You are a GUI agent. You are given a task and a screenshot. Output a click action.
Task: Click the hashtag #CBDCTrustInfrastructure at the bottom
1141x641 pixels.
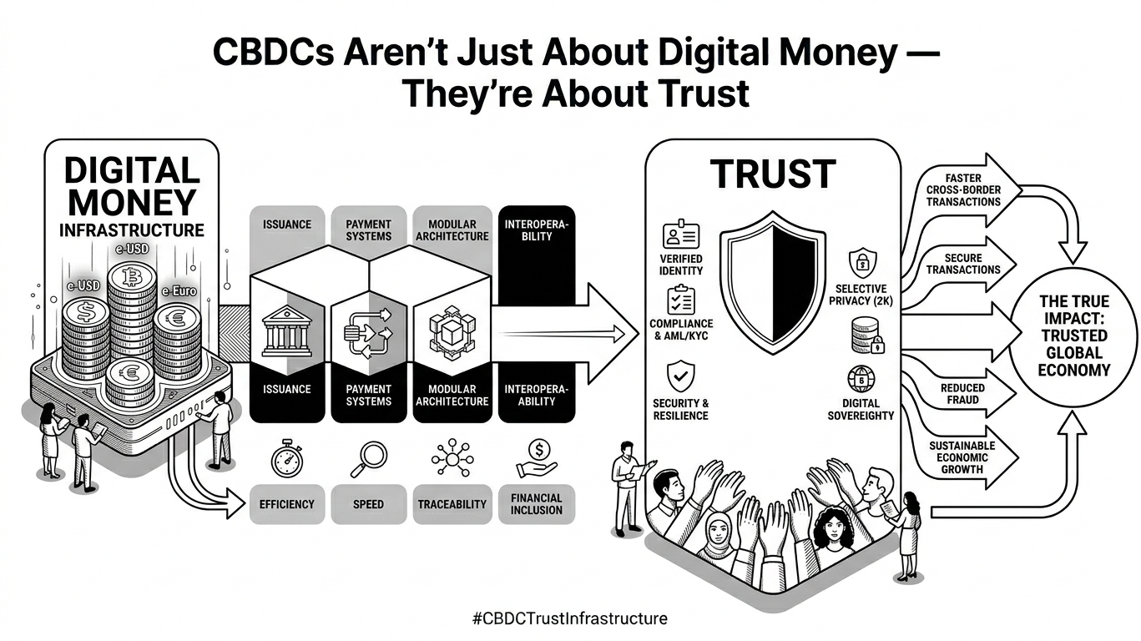click(x=570, y=618)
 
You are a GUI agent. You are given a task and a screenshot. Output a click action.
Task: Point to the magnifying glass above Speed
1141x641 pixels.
click(x=367, y=457)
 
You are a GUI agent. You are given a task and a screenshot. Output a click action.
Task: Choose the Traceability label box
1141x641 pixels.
click(x=452, y=504)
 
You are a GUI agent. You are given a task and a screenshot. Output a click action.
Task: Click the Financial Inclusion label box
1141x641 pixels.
click(x=537, y=503)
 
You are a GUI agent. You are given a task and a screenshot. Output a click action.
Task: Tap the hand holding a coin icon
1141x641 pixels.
click(x=537, y=457)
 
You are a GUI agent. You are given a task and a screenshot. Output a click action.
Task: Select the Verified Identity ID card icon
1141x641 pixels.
click(x=680, y=236)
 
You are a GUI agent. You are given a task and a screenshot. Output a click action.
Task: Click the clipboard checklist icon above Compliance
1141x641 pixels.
click(x=680, y=300)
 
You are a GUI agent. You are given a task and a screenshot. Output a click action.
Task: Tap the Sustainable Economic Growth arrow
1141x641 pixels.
click(x=968, y=457)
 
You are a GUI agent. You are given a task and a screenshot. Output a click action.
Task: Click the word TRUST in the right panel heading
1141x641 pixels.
click(x=772, y=174)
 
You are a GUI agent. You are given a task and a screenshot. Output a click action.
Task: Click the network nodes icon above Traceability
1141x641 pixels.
click(x=452, y=457)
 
